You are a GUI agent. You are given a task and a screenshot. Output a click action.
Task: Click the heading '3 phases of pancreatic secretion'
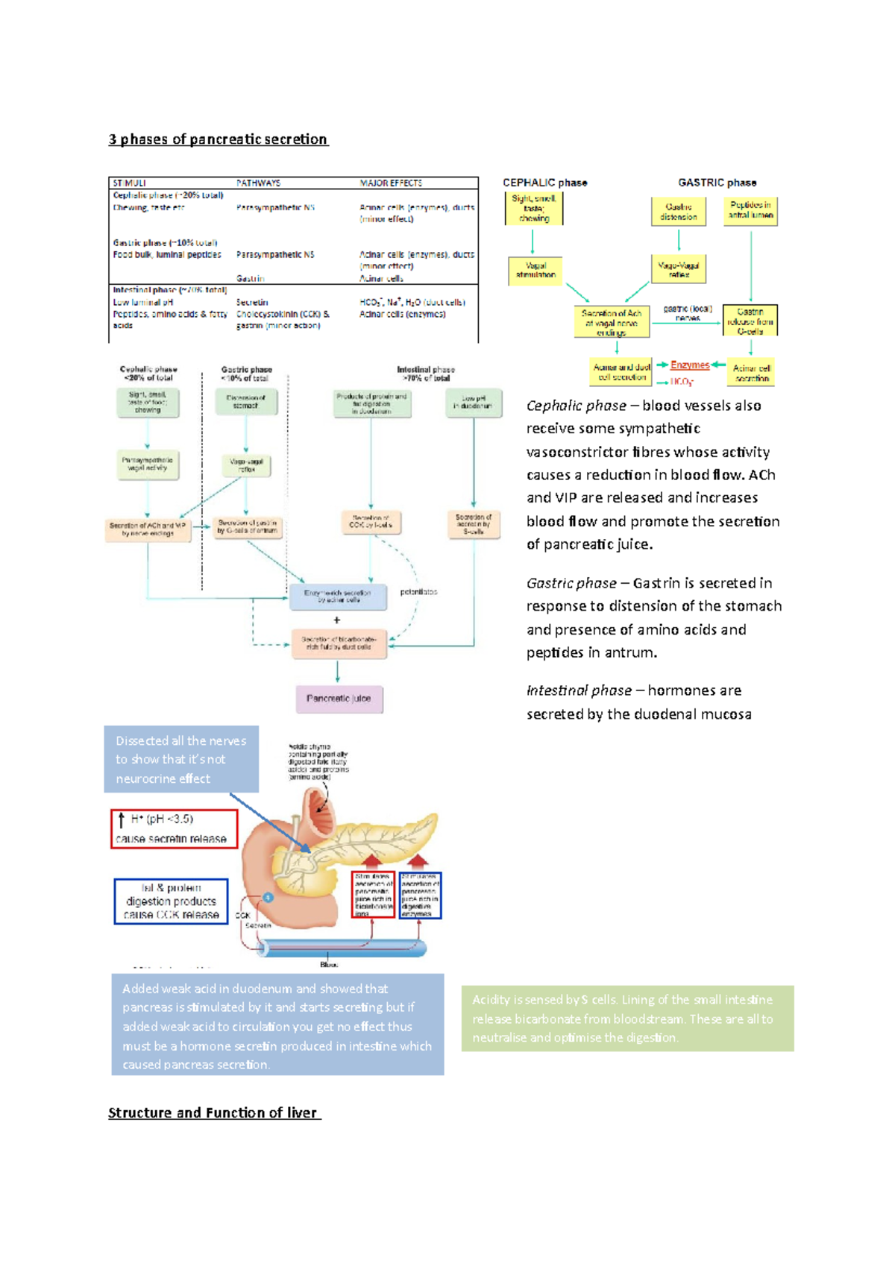pos(218,139)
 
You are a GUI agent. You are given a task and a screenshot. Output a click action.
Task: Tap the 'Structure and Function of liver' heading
pos(213,1113)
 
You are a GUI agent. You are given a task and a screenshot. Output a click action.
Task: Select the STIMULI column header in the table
pos(130,183)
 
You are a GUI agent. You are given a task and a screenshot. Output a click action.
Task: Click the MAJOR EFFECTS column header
pos(391,183)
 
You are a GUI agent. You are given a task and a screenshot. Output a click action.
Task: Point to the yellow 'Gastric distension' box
pos(678,212)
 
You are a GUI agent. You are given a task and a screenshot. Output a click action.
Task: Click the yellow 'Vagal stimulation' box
pos(536,270)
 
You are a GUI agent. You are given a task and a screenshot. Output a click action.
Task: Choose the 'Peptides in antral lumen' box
pos(750,210)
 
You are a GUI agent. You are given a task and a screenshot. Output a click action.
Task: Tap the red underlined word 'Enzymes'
pos(689,365)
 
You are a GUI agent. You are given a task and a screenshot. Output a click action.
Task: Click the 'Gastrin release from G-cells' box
pos(750,321)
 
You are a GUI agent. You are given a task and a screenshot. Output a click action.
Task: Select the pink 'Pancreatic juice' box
pos(339,699)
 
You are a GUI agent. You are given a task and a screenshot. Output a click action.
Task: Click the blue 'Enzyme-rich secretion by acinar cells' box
pos(338,596)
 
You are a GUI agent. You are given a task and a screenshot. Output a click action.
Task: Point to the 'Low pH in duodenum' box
pos(474,402)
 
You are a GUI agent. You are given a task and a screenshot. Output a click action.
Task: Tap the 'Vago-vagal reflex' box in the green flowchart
pos(247,465)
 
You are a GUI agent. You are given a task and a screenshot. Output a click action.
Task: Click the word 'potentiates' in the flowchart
pos(418,592)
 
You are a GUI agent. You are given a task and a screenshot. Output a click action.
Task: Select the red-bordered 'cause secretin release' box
pos(174,829)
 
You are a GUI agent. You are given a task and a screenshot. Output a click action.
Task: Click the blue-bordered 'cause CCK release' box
pos(171,901)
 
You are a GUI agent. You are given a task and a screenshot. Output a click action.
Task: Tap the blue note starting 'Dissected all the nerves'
pos(181,759)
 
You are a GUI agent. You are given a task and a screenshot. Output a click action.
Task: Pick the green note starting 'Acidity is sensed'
pos(627,1018)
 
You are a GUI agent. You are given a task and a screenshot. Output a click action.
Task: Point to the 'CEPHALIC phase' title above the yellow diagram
pos(544,183)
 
